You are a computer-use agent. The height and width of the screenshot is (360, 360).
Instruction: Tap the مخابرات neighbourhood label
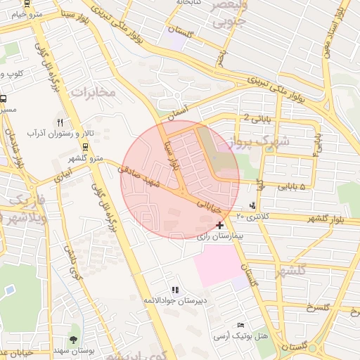[92, 91]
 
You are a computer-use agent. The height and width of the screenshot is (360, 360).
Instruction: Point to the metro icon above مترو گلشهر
[85, 148]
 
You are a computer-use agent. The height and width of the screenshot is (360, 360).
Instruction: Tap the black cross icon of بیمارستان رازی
[221, 225]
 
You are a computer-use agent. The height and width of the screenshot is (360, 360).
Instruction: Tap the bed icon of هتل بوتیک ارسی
[241, 326]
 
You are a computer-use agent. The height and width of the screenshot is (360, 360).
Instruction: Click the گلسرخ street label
[318, 309]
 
